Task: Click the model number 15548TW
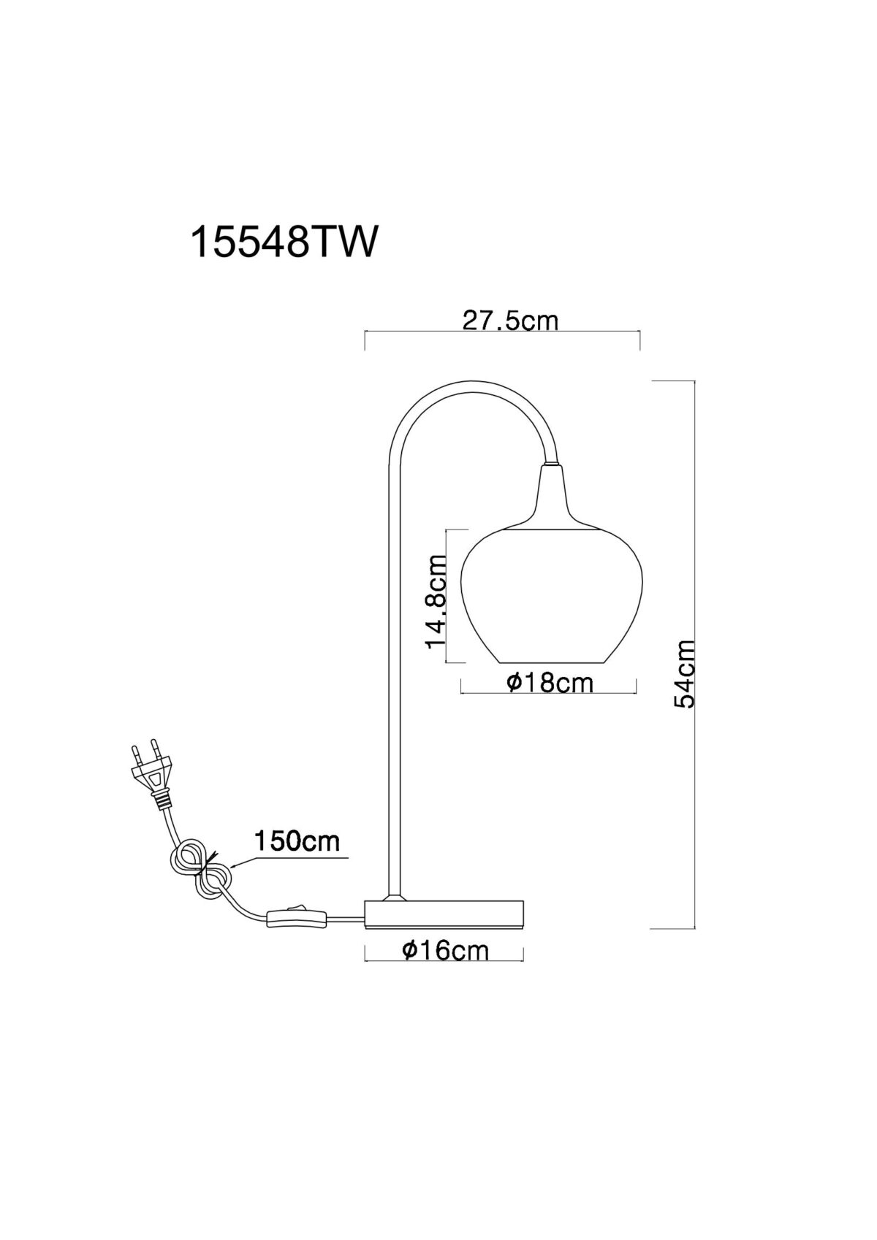pyautogui.click(x=284, y=242)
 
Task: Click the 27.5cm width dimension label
pyautogui.click(x=510, y=321)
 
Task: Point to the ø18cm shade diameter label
pyautogui.click(x=550, y=684)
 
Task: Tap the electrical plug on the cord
pyautogui.click(x=151, y=773)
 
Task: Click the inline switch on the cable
pyautogui.click(x=297, y=917)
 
